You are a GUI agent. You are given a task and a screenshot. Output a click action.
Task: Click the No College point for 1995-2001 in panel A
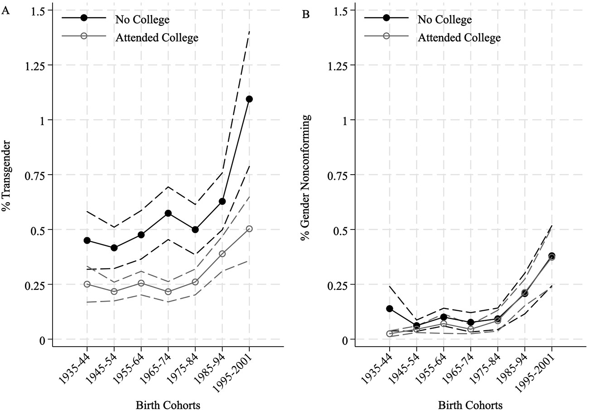coord(249,99)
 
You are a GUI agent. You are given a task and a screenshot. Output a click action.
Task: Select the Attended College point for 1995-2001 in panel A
coord(249,229)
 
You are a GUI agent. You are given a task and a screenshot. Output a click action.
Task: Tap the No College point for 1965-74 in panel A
coord(168,213)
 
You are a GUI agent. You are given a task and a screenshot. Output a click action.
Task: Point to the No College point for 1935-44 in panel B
coord(389,308)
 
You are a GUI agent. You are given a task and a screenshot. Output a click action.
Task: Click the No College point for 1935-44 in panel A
coord(87,240)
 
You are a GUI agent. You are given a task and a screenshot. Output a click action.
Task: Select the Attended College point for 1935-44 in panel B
coord(389,333)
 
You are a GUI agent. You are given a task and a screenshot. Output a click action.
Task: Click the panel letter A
coord(6,12)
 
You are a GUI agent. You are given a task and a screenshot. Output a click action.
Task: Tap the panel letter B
coord(306,15)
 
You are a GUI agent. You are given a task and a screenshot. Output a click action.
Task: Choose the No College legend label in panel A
coord(142,20)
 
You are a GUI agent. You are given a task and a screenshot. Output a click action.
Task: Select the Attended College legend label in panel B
coord(459,37)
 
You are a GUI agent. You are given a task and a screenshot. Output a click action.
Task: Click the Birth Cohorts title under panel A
coord(168,405)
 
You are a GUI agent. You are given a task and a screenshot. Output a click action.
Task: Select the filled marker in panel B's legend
coord(386,18)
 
